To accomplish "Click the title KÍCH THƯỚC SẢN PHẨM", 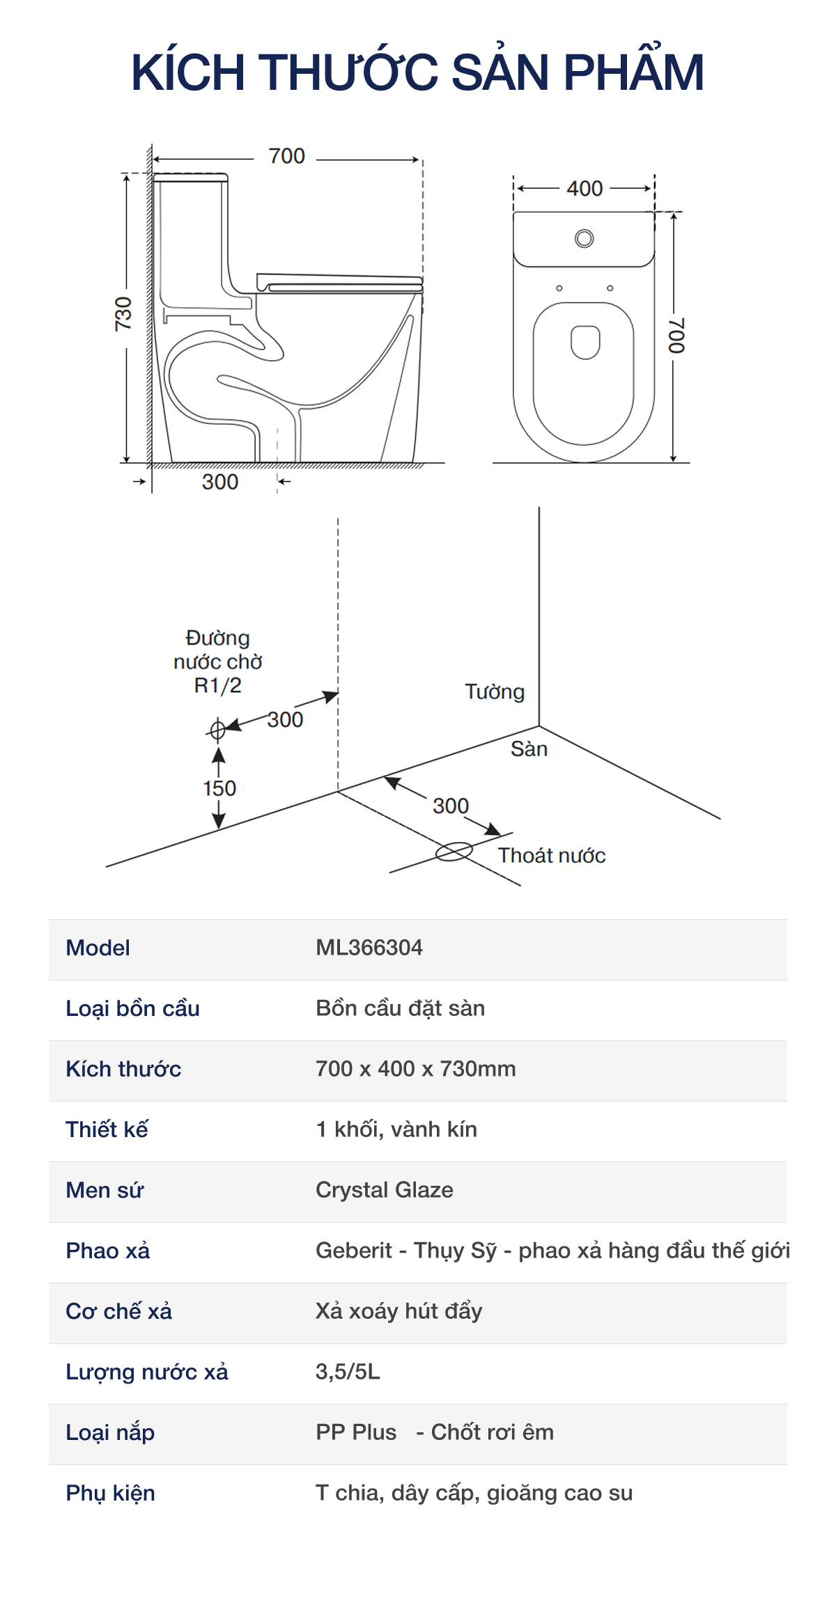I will point(417,72).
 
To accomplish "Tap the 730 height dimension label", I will point(123,313).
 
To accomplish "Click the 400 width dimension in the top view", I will point(584,188).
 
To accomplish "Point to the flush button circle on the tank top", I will point(584,239).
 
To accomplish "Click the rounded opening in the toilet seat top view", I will point(585,341).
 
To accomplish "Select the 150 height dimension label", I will point(219,788).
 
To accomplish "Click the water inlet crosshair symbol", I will point(217,729).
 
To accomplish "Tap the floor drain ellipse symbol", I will point(454,852).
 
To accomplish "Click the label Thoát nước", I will point(551,855).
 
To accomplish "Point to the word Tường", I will point(495,691).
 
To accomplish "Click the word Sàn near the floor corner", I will point(529,749).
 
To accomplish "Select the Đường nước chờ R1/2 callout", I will point(217,661).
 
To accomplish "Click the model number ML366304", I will point(369,948).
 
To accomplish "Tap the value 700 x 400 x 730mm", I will point(416,1069).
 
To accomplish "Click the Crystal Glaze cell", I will point(385,1190).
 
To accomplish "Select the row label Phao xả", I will point(108,1251).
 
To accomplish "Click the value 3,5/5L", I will point(348,1372).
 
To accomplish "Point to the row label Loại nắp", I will point(110,1432).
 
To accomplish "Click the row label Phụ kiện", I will point(110,1493).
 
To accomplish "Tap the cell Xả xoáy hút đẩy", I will point(399,1311).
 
